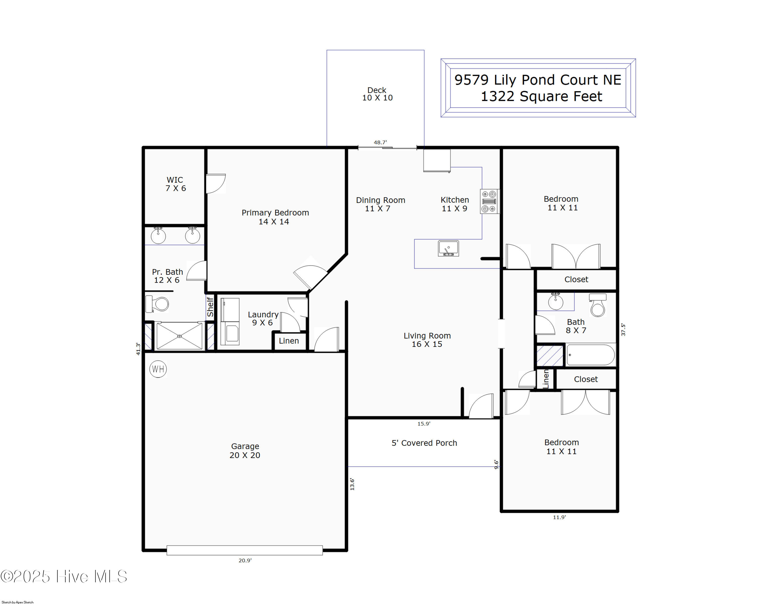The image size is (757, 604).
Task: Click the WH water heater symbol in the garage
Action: click(x=158, y=369)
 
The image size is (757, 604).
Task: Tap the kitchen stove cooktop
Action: click(x=490, y=202)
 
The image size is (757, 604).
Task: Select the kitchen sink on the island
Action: click(x=448, y=249)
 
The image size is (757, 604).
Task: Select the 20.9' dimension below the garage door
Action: click(x=245, y=560)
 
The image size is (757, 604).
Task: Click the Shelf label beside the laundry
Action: click(x=210, y=307)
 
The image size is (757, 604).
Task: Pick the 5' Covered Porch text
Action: click(x=424, y=443)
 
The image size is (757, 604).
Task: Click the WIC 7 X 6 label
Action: click(x=176, y=184)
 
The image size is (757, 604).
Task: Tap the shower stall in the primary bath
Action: click(x=179, y=336)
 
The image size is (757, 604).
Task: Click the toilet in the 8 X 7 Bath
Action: click(x=598, y=305)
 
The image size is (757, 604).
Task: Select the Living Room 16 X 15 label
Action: click(x=427, y=340)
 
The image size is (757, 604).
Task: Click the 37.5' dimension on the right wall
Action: click(x=623, y=330)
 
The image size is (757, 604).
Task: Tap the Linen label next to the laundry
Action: click(x=289, y=341)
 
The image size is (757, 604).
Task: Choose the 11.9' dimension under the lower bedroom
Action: click(x=559, y=517)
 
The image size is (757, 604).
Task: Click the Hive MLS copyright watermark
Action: click(x=64, y=576)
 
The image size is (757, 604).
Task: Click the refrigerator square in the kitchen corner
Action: click(x=437, y=161)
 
